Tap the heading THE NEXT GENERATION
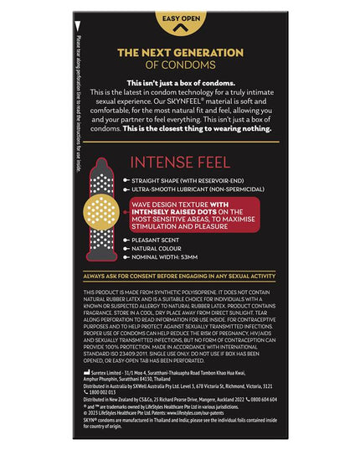179,52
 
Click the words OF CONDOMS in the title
179,65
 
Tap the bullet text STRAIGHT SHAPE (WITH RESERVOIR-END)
189,179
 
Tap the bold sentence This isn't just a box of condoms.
179,83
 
